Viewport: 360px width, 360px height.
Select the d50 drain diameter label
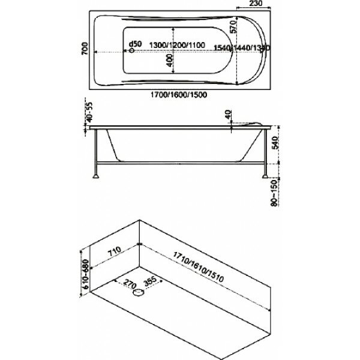(136, 44)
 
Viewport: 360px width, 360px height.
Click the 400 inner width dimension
(169, 59)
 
